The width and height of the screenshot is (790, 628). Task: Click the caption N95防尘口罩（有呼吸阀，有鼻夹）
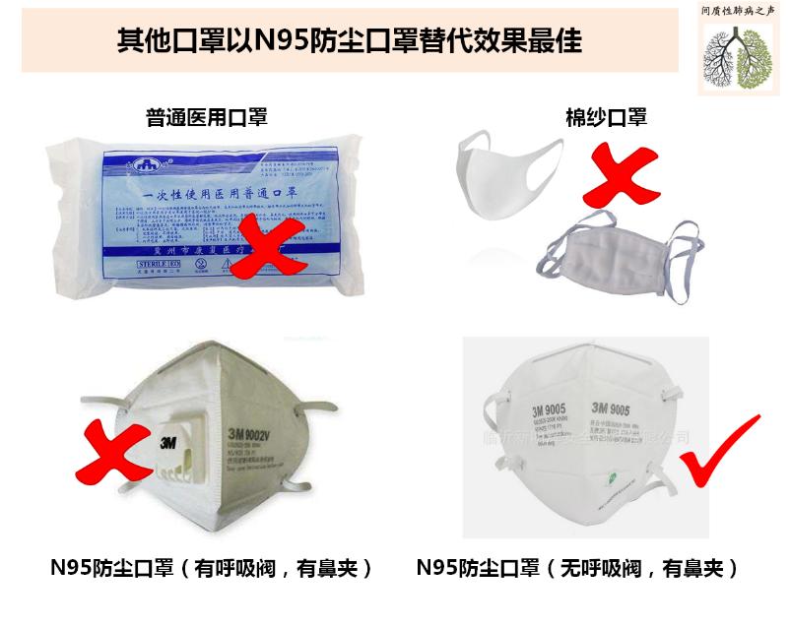click(x=213, y=569)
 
